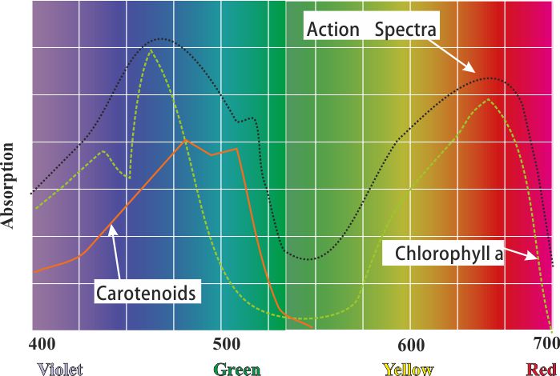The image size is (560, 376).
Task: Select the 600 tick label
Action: [410, 345]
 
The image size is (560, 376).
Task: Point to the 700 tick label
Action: [546, 345]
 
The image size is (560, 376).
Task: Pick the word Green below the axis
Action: [236, 369]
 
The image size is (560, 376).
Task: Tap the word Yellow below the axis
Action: [409, 369]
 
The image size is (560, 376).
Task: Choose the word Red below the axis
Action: [542, 369]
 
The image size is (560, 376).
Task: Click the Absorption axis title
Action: [9, 186]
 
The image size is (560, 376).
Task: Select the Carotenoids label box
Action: [146, 293]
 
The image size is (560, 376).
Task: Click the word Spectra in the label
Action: [406, 31]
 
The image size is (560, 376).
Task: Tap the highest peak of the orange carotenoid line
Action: [186, 140]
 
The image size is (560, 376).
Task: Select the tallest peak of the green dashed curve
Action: [151, 50]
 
